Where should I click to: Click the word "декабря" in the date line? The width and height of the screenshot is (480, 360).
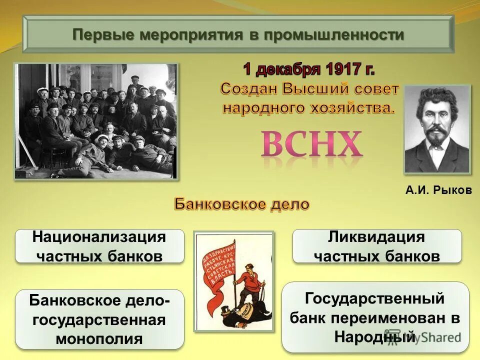coord(288,68)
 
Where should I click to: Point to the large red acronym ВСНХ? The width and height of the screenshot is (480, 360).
coord(311,144)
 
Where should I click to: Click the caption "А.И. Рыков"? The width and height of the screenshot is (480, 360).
coord(438,190)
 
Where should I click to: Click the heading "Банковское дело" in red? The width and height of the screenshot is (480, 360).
coord(241,204)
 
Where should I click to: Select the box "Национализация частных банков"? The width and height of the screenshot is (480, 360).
coord(99,246)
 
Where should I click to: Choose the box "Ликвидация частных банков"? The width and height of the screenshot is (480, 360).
coord(376,246)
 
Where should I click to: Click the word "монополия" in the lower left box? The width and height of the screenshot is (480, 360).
coord(99,338)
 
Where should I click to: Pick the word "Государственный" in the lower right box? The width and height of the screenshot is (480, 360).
coord(375,299)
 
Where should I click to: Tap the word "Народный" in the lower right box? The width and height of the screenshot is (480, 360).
coord(375,336)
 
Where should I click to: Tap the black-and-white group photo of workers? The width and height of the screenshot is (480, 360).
coord(95,120)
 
